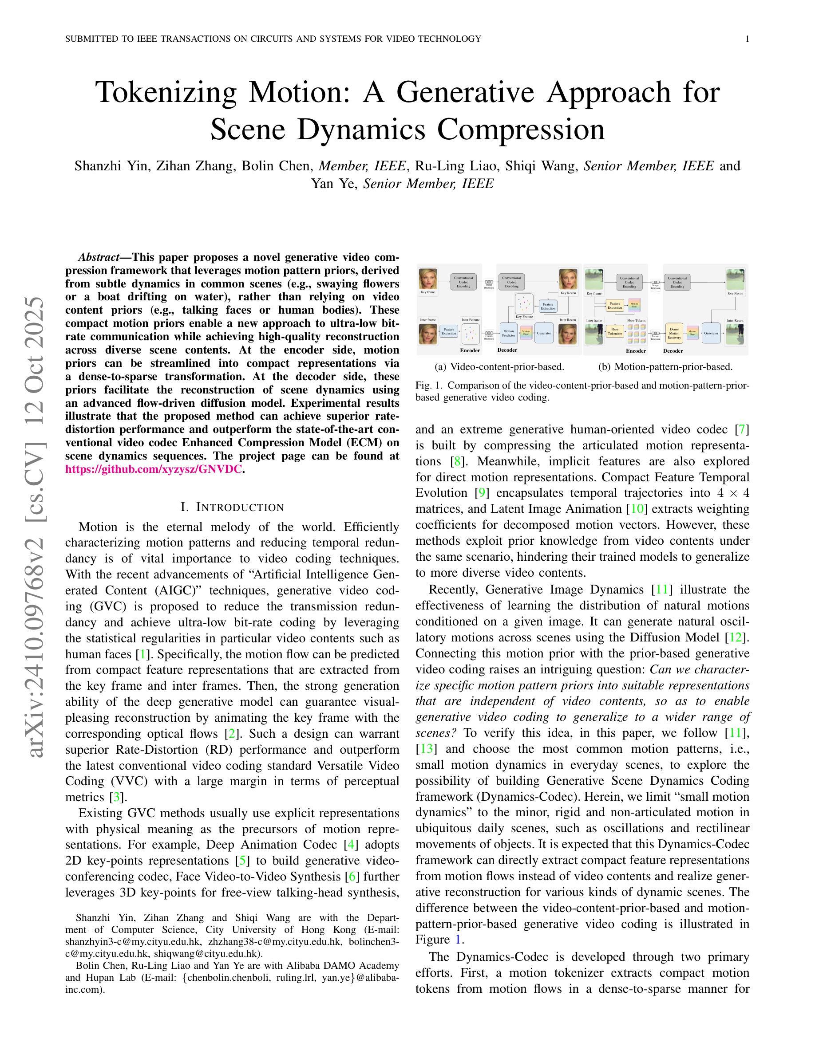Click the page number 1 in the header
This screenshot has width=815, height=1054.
pos(748,39)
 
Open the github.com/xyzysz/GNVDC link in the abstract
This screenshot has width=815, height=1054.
pos(154,469)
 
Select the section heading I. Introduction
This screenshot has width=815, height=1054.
pos(232,507)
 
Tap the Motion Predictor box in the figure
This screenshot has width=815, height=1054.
pos(508,333)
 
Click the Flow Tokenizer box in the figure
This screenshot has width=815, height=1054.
pos(615,331)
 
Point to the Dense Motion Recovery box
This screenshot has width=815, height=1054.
pos(674,333)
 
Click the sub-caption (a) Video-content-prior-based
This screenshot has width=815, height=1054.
pos(499,367)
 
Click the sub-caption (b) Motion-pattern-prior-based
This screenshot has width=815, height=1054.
pos(665,367)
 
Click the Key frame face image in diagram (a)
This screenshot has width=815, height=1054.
pos(428,279)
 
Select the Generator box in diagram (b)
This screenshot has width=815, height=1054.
pos(711,333)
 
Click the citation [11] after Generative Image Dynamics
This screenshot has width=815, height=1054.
pos(661,589)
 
